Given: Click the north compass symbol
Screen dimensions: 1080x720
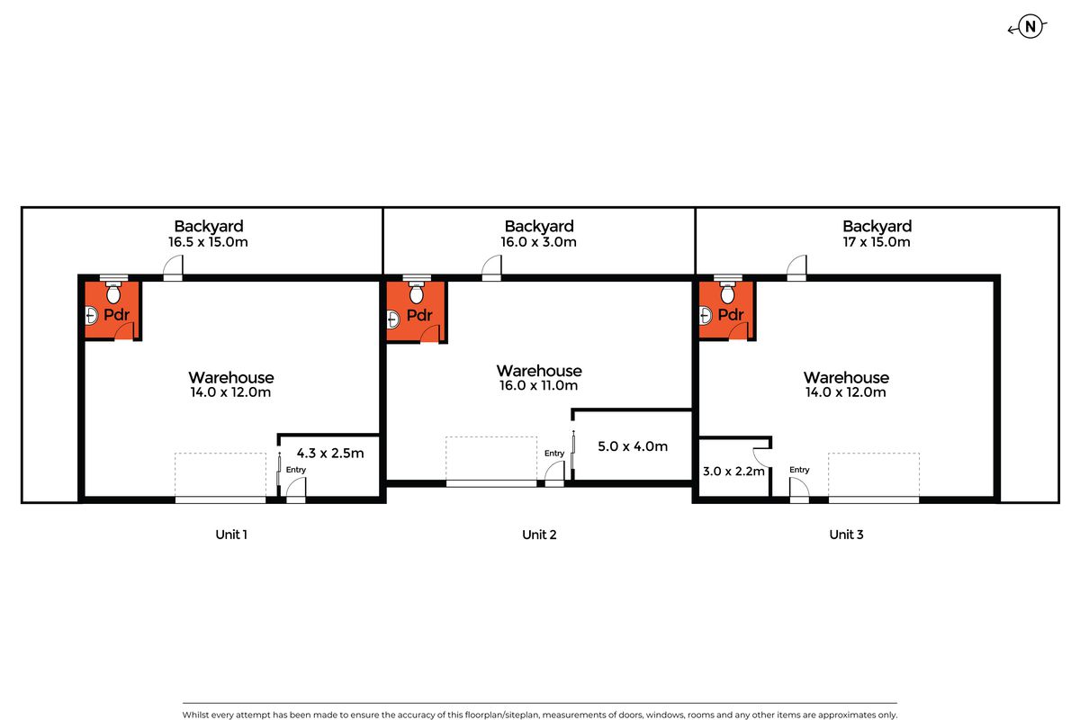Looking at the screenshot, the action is pyautogui.click(x=1030, y=26).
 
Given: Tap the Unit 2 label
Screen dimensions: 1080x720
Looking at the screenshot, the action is pyautogui.click(x=539, y=535).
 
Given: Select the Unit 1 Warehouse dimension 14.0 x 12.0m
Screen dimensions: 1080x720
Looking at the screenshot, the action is pyautogui.click(x=230, y=392).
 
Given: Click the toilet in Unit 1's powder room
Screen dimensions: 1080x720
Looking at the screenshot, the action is pyautogui.click(x=113, y=291).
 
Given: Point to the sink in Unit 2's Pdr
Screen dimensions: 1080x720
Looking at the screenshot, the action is pyautogui.click(x=393, y=319).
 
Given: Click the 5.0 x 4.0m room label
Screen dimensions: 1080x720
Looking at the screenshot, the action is pyautogui.click(x=633, y=446).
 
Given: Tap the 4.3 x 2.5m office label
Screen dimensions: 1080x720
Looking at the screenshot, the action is pyautogui.click(x=329, y=454).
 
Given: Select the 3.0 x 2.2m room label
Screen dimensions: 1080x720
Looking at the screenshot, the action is pyautogui.click(x=733, y=472).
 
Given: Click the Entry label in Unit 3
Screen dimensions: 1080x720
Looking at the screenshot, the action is pyautogui.click(x=799, y=470).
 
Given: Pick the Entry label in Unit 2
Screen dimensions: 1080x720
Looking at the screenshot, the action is pyautogui.click(x=554, y=454).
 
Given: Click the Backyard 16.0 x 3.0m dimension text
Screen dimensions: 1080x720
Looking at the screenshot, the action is pyautogui.click(x=538, y=241).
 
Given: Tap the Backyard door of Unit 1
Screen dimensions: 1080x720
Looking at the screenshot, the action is pyautogui.click(x=173, y=267).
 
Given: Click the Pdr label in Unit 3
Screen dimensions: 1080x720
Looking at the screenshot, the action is pyautogui.click(x=731, y=315).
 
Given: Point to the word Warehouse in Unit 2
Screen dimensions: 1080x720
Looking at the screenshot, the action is pyautogui.click(x=539, y=371).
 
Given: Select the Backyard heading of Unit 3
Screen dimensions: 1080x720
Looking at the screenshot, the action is pyautogui.click(x=877, y=226).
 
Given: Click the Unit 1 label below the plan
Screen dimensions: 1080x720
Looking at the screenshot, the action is pyautogui.click(x=231, y=535).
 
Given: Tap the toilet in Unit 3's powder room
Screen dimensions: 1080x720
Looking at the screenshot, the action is pyautogui.click(x=727, y=291).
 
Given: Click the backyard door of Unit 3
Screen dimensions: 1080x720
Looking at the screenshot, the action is pyautogui.click(x=796, y=267).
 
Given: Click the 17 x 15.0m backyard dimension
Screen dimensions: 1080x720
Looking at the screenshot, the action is pyautogui.click(x=877, y=241).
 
